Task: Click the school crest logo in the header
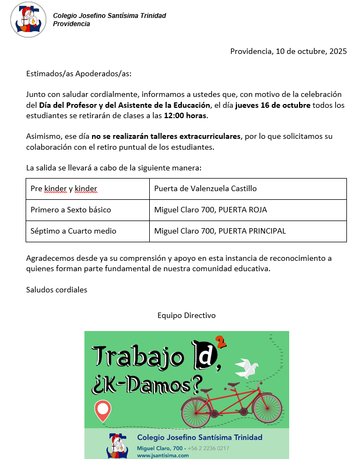(x=28, y=20)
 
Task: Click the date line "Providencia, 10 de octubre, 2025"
(x=288, y=52)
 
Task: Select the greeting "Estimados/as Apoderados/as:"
(x=79, y=74)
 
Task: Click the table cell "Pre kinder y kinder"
(x=64, y=189)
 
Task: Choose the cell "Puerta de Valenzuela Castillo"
(x=205, y=189)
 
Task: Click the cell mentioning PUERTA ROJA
(x=211, y=210)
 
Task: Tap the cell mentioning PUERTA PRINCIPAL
(x=220, y=231)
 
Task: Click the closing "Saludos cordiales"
(x=57, y=290)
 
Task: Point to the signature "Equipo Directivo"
(x=187, y=315)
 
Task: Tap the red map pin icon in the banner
(x=102, y=411)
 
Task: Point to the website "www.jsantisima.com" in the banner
(x=163, y=455)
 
